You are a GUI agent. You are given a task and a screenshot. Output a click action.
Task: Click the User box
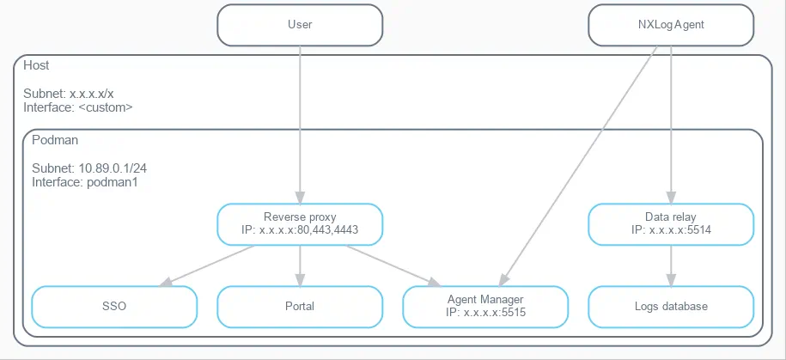300,25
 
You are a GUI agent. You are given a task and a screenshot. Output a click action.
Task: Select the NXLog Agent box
671,25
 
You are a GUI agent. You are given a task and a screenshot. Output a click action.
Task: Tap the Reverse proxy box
300,223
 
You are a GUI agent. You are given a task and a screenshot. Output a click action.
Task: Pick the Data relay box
671,223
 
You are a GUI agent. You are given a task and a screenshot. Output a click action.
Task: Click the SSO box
114,307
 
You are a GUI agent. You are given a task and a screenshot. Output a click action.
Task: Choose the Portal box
300,307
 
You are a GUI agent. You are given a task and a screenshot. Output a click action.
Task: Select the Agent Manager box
485,307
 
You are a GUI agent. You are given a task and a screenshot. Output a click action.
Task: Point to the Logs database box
671,307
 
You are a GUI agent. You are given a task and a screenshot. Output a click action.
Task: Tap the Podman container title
50,139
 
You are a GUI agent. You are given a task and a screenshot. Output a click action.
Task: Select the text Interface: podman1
74,182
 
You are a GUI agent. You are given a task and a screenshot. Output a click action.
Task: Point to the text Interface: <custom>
77,108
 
